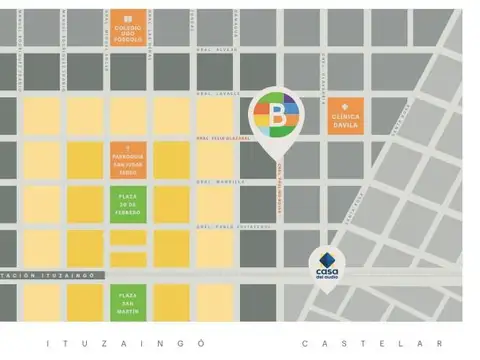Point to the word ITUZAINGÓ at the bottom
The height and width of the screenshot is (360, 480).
pyautogui.click(x=127, y=343)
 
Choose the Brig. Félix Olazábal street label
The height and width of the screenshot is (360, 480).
pyautogui.click(x=217, y=138)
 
